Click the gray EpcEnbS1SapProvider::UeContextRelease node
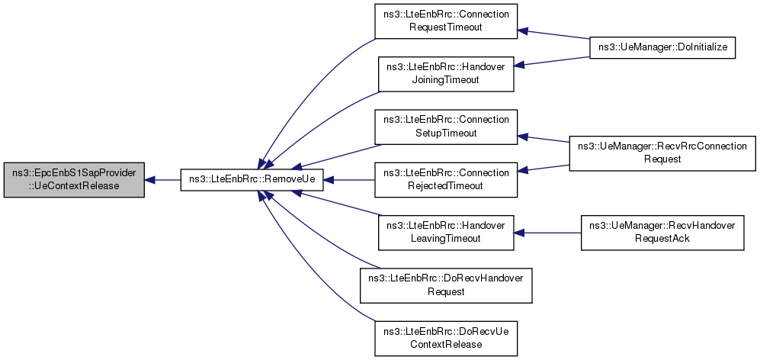(73, 180)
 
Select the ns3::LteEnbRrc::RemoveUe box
(252, 180)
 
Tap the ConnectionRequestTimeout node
(446, 22)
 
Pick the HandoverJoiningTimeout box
(446, 73)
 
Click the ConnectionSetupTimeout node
(446, 127)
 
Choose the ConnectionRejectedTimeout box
(446, 180)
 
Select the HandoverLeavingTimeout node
(446, 232)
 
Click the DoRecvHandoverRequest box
(446, 284)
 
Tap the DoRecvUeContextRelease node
(446, 338)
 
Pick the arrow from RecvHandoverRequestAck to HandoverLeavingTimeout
(549, 232)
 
